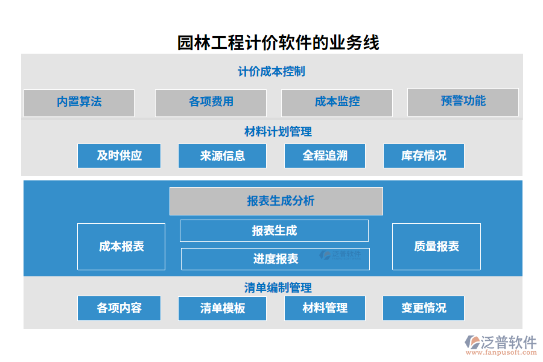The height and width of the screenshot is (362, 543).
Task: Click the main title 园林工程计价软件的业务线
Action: click(x=278, y=43)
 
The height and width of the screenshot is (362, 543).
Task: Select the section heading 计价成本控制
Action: click(x=271, y=71)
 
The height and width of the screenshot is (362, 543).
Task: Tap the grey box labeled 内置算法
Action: click(x=79, y=103)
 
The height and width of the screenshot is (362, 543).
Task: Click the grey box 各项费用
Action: click(x=211, y=103)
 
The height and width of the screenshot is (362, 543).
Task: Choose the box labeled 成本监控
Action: click(x=337, y=103)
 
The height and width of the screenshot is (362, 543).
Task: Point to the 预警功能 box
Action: click(x=463, y=102)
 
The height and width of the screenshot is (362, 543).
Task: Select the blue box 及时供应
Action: click(x=119, y=156)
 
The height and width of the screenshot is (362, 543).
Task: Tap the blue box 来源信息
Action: click(x=222, y=156)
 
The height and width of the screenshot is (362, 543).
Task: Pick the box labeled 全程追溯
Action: click(x=325, y=156)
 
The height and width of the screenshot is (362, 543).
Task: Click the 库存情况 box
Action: click(x=424, y=156)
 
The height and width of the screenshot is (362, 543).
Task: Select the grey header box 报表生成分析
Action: click(x=276, y=201)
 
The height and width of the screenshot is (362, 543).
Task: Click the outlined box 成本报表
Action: click(x=121, y=246)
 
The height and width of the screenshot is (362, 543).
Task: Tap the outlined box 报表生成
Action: click(x=274, y=230)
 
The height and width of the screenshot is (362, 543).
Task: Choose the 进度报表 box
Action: click(x=275, y=259)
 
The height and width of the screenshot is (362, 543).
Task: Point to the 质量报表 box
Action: click(x=436, y=246)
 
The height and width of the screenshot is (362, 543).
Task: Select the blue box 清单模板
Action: click(x=222, y=308)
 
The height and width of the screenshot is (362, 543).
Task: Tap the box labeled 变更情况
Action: click(x=424, y=308)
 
